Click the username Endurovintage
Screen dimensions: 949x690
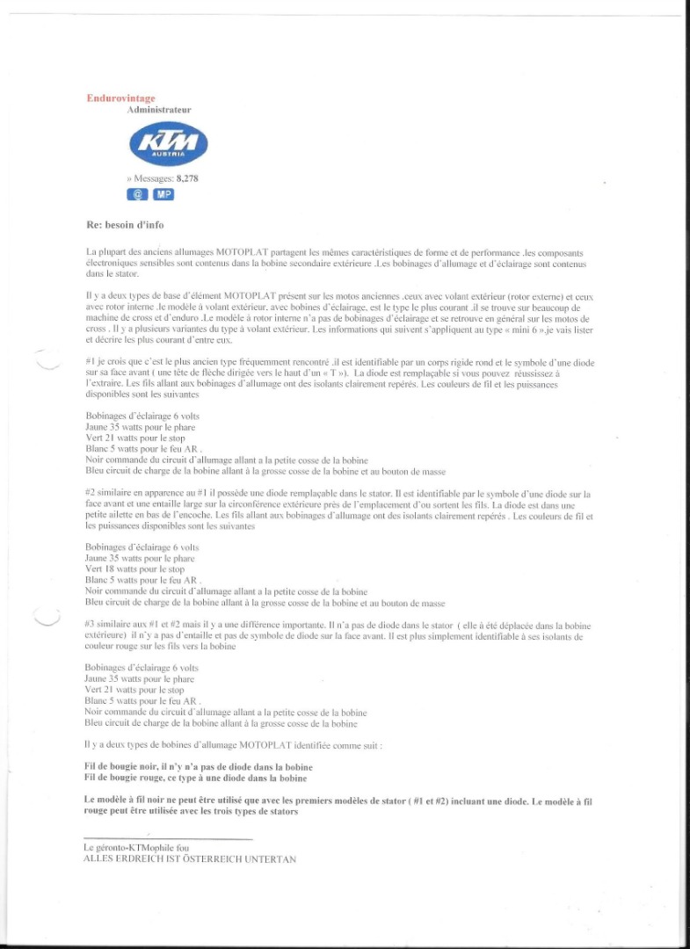click(x=120, y=98)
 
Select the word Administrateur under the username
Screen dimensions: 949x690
click(x=159, y=110)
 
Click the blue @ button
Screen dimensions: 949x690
click(x=137, y=194)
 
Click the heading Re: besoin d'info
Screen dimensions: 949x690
click(x=125, y=225)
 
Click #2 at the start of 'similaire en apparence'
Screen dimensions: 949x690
click(x=91, y=495)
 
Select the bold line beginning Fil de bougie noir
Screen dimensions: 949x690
click(x=198, y=767)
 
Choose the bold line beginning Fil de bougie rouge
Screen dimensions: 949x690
click(x=195, y=778)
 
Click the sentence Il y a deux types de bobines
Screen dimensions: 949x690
click(x=233, y=744)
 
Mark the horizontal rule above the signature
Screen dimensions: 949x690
click(x=168, y=838)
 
